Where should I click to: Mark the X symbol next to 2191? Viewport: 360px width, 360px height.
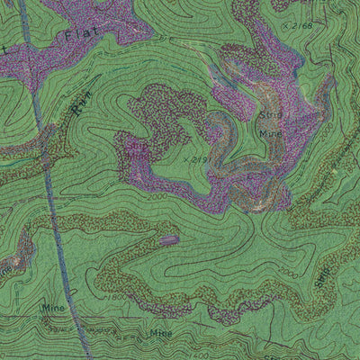pos(184,159)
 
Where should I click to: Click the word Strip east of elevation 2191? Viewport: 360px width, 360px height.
pos(271,117)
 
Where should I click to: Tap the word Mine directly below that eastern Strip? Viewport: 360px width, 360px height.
pos(271,133)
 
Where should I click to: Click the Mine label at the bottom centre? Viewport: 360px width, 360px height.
pos(161,333)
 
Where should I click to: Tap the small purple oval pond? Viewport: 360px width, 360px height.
pos(168,239)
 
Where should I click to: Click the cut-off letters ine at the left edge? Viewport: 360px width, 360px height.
pos(5,267)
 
